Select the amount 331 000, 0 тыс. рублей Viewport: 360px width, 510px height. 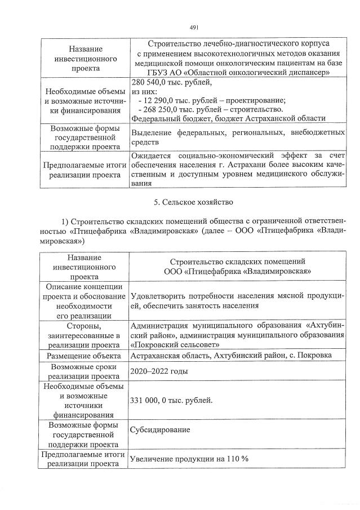point(171,400)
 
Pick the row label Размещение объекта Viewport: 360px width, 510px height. point(84,356)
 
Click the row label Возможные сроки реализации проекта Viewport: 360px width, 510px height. point(84,371)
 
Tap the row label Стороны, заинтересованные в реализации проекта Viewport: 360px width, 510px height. point(84,335)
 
